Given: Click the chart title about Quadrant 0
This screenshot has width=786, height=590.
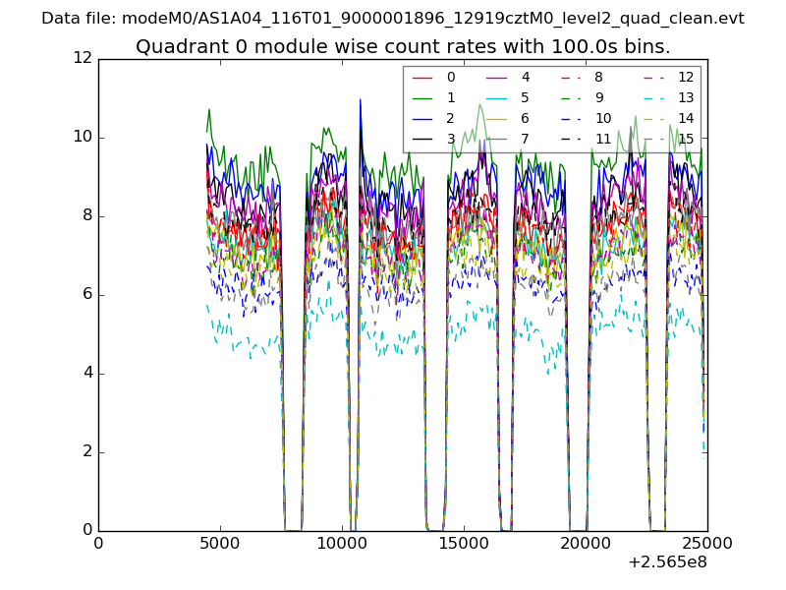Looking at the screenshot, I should pos(403,46).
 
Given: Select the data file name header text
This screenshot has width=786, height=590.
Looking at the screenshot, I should pos(393,18).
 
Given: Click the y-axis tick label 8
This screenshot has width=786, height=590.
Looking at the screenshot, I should pos(85,215).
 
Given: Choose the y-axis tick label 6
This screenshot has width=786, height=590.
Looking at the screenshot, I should pos(85,294).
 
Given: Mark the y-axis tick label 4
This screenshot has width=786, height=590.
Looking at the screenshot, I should pos(85,373).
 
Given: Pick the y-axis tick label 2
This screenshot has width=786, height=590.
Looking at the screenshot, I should pos(85,451).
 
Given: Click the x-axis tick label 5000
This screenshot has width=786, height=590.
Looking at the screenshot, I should pos(220,544).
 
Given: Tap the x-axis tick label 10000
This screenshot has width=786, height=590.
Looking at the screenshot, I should pos(342,544).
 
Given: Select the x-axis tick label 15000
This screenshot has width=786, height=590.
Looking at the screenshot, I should pos(464,544).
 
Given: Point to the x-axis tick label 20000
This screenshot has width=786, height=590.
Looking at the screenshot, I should pos(586,544).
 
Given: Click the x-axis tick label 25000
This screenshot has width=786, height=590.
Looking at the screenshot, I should pos(707,544).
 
